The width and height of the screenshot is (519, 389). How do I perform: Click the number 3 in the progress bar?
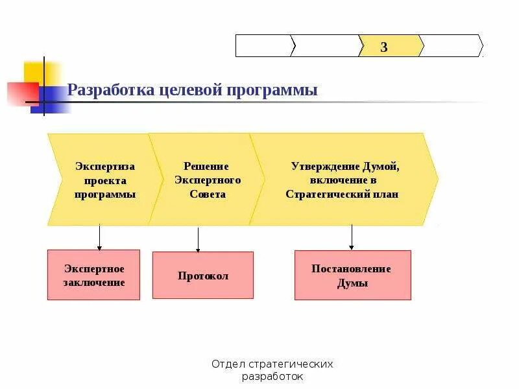[384, 47]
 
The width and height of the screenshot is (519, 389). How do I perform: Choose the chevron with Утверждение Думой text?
[344, 180]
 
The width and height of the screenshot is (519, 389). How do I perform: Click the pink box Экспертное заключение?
[93, 275]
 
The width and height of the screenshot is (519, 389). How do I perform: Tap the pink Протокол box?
[203, 276]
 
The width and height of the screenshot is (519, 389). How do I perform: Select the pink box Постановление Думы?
[352, 276]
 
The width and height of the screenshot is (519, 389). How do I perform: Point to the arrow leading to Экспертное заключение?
[99, 238]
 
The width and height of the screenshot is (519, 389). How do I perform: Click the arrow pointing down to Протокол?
[198, 239]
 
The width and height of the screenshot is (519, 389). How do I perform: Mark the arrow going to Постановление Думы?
[352, 238]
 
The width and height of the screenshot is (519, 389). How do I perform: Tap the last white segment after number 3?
[452, 46]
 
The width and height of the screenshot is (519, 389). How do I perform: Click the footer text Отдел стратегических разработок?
[272, 370]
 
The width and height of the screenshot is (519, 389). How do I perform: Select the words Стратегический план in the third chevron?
[342, 194]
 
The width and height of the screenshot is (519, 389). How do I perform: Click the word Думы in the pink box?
[352, 283]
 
